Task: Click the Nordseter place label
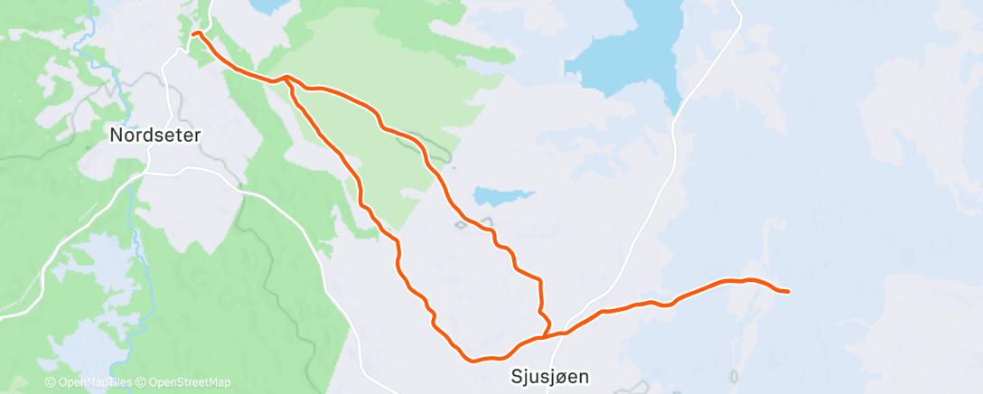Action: [x=154, y=135]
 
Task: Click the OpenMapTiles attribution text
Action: [x=91, y=382]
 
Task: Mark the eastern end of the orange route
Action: [x=788, y=291]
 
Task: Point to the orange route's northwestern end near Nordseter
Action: [x=194, y=34]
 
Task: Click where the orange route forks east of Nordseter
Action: [x=287, y=79]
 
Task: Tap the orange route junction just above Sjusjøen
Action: [x=544, y=337]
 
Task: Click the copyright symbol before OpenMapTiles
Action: [x=51, y=382]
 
